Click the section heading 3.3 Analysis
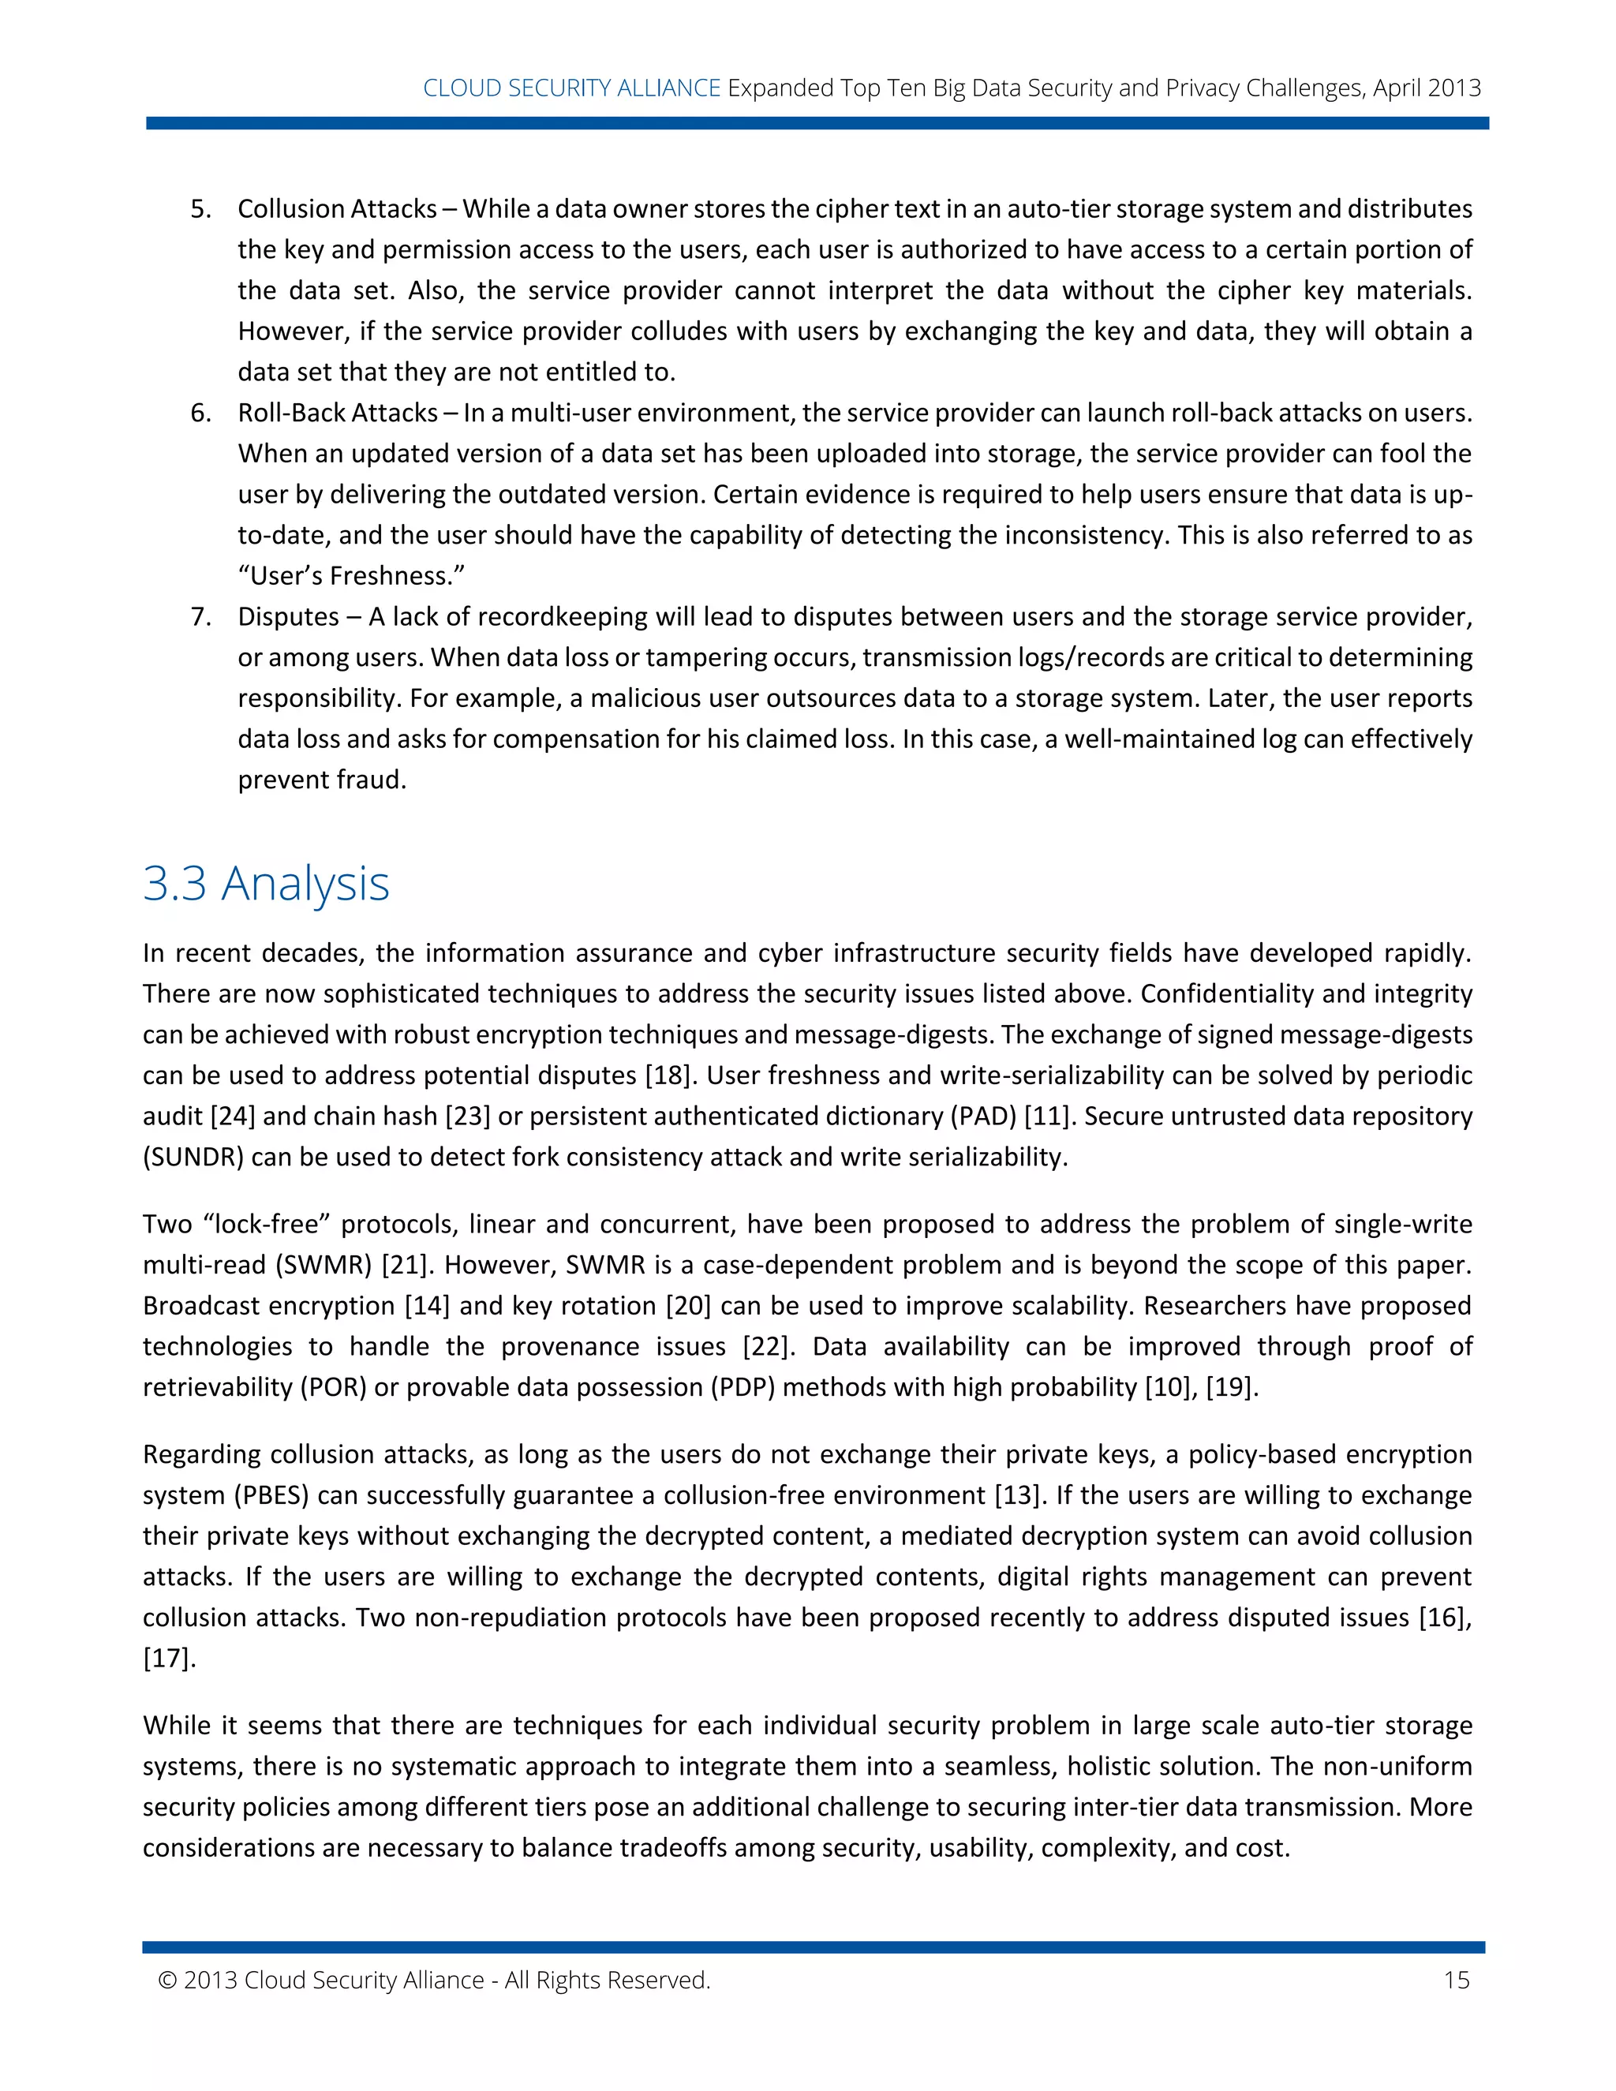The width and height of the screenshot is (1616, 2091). coord(266,883)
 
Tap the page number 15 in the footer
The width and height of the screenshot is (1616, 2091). coord(1456,1980)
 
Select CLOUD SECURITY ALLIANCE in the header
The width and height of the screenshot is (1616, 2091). coord(571,88)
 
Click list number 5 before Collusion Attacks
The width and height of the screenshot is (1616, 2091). coord(200,209)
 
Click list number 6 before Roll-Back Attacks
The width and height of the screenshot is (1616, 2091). coord(200,413)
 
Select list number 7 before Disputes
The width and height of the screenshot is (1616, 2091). coord(200,616)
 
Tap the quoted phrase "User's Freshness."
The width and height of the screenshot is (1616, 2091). coord(351,575)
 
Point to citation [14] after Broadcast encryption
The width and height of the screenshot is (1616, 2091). coord(427,1306)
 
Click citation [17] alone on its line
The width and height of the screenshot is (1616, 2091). coord(169,1659)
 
